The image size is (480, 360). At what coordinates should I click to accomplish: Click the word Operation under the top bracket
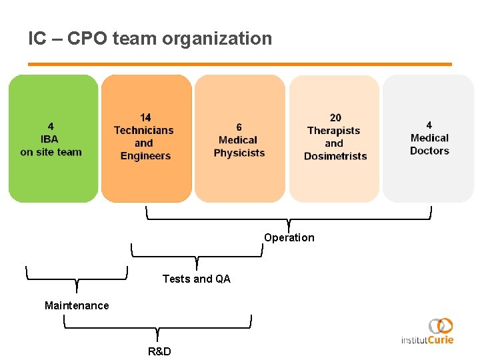click(289, 238)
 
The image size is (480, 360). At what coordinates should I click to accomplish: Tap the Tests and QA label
click(196, 279)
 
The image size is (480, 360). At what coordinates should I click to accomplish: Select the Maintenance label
click(77, 305)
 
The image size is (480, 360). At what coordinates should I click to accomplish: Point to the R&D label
click(159, 351)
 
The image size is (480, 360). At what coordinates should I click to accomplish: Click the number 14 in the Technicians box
click(145, 118)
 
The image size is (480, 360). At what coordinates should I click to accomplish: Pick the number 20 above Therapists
click(335, 118)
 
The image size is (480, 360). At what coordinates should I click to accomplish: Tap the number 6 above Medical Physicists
click(239, 127)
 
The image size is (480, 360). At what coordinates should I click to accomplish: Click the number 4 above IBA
click(51, 126)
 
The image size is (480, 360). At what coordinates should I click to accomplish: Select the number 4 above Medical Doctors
click(429, 125)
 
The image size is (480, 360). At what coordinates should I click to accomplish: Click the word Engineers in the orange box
click(145, 156)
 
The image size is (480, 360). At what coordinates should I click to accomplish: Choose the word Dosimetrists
click(335, 156)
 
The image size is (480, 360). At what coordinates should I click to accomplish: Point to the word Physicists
click(239, 153)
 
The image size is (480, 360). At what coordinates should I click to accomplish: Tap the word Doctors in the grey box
click(429, 151)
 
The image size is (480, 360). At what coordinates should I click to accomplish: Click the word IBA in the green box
click(49, 139)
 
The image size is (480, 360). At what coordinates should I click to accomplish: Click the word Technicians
click(143, 131)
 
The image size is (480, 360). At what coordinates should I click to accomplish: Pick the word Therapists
click(333, 131)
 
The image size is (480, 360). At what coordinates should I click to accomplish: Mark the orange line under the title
click(240, 64)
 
